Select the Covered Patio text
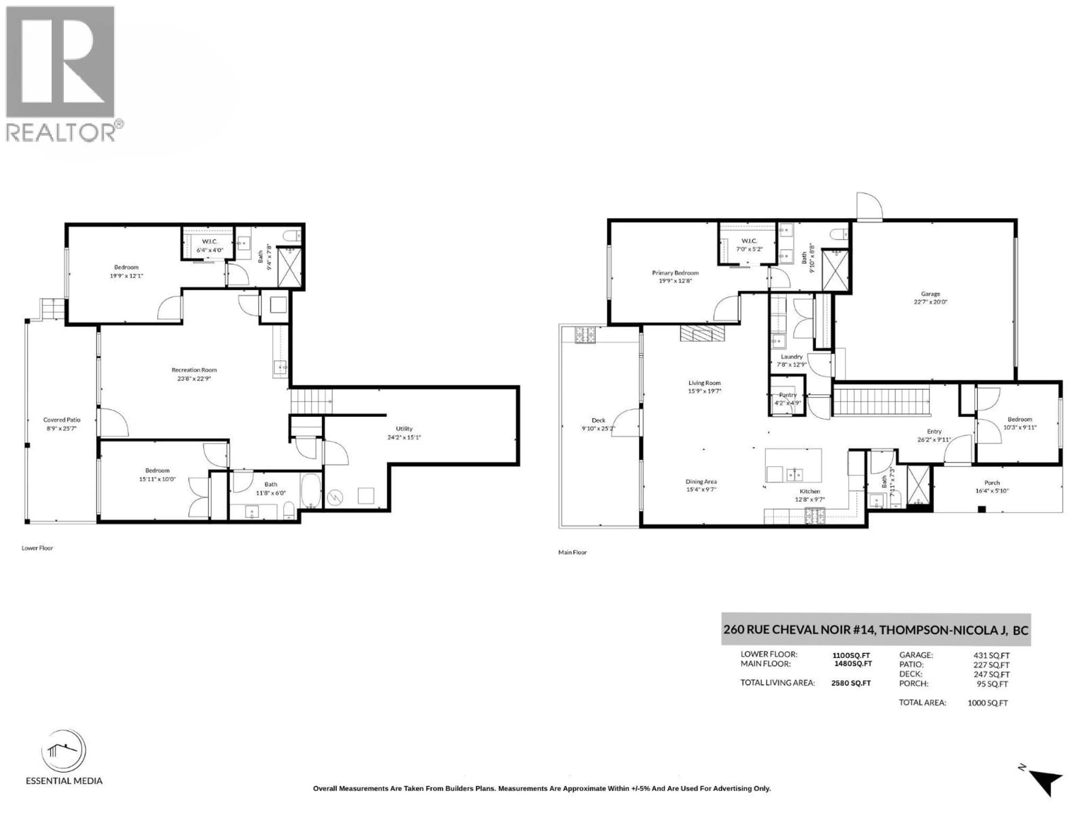click(x=62, y=419)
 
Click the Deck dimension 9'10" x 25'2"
click(x=598, y=428)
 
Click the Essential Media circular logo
click(x=64, y=751)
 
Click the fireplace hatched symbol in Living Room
click(x=702, y=334)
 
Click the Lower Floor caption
click(x=37, y=548)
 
